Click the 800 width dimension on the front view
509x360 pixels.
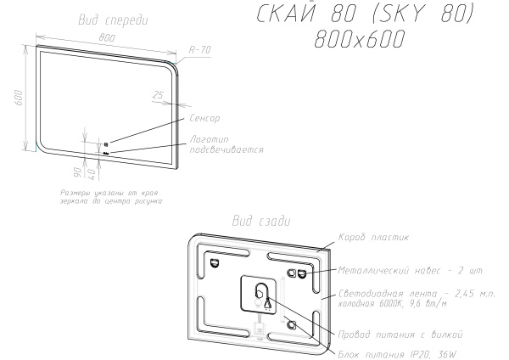tap(106, 37)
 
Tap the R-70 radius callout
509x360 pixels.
tap(200, 50)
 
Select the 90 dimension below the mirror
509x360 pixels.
tap(77, 172)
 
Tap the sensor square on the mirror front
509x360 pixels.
tap(107, 144)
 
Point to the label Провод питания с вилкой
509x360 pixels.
tap(392, 333)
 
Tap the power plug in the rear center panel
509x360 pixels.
tap(267, 301)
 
